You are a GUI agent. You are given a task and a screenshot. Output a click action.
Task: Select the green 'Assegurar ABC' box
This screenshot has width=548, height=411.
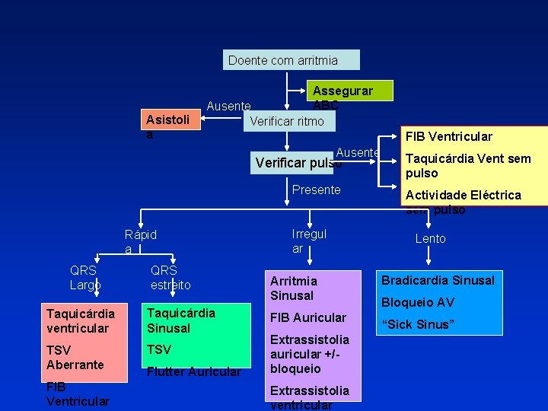342,91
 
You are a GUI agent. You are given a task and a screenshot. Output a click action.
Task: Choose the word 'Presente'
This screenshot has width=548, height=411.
317,190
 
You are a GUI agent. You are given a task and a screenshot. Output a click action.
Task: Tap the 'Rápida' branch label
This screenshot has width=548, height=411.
140,241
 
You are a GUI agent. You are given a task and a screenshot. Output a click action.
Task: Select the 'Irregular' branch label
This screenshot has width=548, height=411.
309,241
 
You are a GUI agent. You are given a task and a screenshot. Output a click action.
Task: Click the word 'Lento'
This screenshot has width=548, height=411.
430,238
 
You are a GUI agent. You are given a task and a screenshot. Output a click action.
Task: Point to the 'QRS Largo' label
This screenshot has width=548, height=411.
84,277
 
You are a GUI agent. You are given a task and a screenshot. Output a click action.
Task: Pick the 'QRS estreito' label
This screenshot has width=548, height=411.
170,277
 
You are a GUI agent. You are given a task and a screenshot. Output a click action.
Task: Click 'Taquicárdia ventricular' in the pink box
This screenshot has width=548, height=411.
80,320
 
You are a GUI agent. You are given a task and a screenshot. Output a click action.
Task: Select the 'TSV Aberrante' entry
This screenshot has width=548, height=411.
75,357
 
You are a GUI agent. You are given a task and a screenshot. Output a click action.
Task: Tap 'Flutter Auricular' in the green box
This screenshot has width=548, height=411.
194,371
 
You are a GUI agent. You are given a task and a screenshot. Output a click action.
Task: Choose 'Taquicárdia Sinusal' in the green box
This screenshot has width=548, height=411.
180,320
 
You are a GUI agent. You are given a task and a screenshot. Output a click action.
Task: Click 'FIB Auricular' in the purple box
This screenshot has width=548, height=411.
307,317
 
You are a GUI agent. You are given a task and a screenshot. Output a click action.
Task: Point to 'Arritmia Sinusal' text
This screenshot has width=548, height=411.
293,288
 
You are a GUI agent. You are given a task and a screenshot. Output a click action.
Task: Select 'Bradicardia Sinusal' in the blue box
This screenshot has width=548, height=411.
438,280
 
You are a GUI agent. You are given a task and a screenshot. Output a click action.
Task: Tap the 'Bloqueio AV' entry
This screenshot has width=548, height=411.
418,302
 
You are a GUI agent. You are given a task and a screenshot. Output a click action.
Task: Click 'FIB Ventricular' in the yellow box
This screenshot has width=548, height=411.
448,137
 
